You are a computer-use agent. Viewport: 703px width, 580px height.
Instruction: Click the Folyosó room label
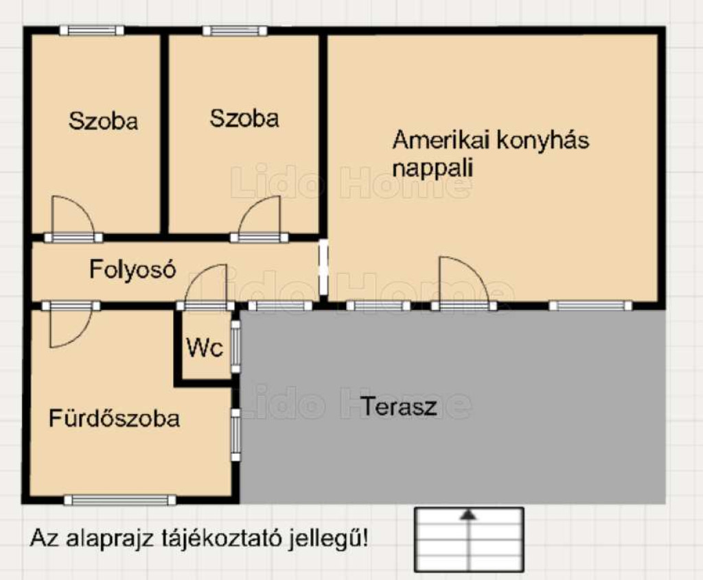pyautogui.click(x=132, y=269)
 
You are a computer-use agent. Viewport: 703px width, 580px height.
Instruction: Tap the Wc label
pyautogui.click(x=205, y=347)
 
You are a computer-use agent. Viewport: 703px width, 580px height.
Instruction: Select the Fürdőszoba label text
pyautogui.click(x=115, y=418)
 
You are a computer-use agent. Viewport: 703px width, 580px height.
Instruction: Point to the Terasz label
pyautogui.click(x=399, y=407)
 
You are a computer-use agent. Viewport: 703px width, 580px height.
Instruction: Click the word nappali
pyautogui.click(x=433, y=169)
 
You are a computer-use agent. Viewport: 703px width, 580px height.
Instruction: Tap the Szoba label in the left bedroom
pyautogui.click(x=103, y=121)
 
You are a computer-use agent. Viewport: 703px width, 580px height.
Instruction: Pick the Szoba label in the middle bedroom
pyautogui.click(x=244, y=119)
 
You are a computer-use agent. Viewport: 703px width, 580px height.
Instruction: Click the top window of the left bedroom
pyautogui.click(x=92, y=30)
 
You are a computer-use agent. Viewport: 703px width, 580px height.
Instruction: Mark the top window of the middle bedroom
pyautogui.click(x=235, y=30)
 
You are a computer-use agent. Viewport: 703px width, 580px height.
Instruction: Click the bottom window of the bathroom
pyautogui.click(x=120, y=500)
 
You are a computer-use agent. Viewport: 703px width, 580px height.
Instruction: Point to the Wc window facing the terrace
pyautogui.click(x=235, y=347)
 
